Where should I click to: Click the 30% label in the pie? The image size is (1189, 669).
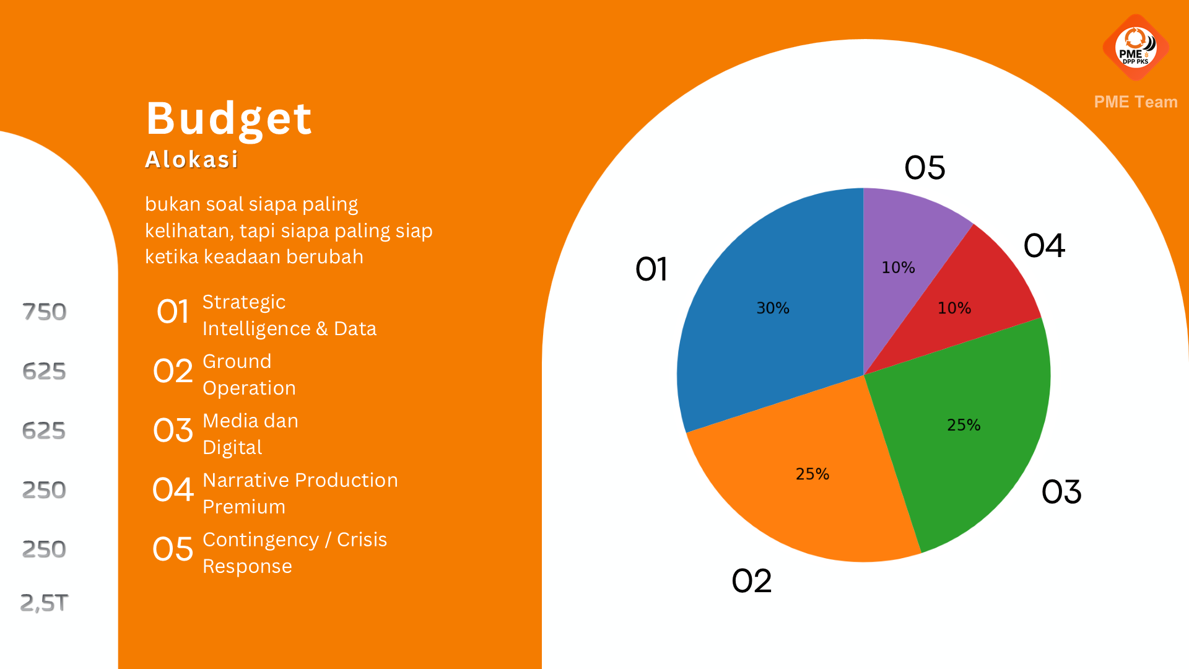point(773,308)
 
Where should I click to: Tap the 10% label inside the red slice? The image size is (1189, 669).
point(954,308)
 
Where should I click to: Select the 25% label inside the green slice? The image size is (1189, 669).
point(964,425)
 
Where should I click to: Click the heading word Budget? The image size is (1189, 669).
point(229,119)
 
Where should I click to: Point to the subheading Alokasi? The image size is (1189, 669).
point(191,159)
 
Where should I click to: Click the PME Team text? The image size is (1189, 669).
point(1136,102)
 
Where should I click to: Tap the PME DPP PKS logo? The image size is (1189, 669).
point(1136,48)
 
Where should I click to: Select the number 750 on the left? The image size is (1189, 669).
point(44,312)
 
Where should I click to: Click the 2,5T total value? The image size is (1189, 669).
point(44,603)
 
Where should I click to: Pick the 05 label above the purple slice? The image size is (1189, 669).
point(925,168)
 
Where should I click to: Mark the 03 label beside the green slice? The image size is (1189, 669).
point(1061,492)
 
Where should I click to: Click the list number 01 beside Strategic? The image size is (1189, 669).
point(173,312)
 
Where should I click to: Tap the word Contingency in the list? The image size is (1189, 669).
point(261,540)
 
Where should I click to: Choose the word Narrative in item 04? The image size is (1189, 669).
point(246,480)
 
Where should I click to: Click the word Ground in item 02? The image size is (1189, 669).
point(237,361)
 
